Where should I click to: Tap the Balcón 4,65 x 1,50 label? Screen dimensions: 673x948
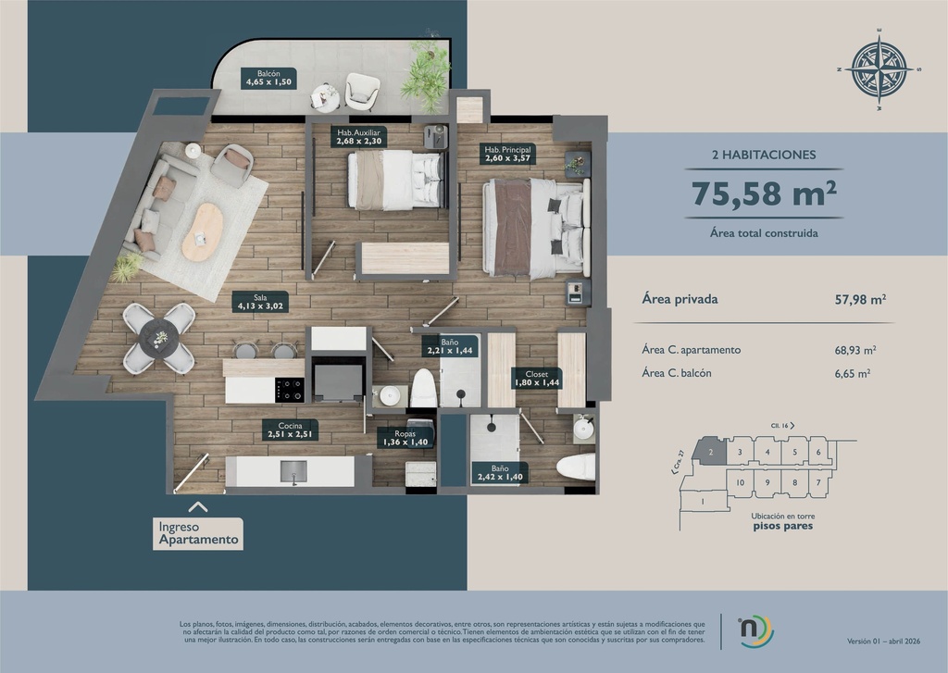[x=268, y=78]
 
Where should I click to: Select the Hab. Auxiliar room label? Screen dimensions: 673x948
[x=359, y=138]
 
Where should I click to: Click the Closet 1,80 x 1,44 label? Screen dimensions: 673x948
[x=537, y=379]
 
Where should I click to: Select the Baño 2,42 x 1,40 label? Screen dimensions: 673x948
[x=499, y=473]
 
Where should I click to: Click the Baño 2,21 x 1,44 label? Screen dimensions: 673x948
[x=449, y=347]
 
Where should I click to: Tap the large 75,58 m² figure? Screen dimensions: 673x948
[x=764, y=195]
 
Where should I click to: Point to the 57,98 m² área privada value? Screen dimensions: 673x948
[x=860, y=299]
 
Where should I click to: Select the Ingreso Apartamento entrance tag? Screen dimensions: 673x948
[x=198, y=534]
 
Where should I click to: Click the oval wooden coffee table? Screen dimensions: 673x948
[x=203, y=231]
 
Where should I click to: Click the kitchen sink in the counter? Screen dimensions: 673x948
[x=293, y=469]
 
